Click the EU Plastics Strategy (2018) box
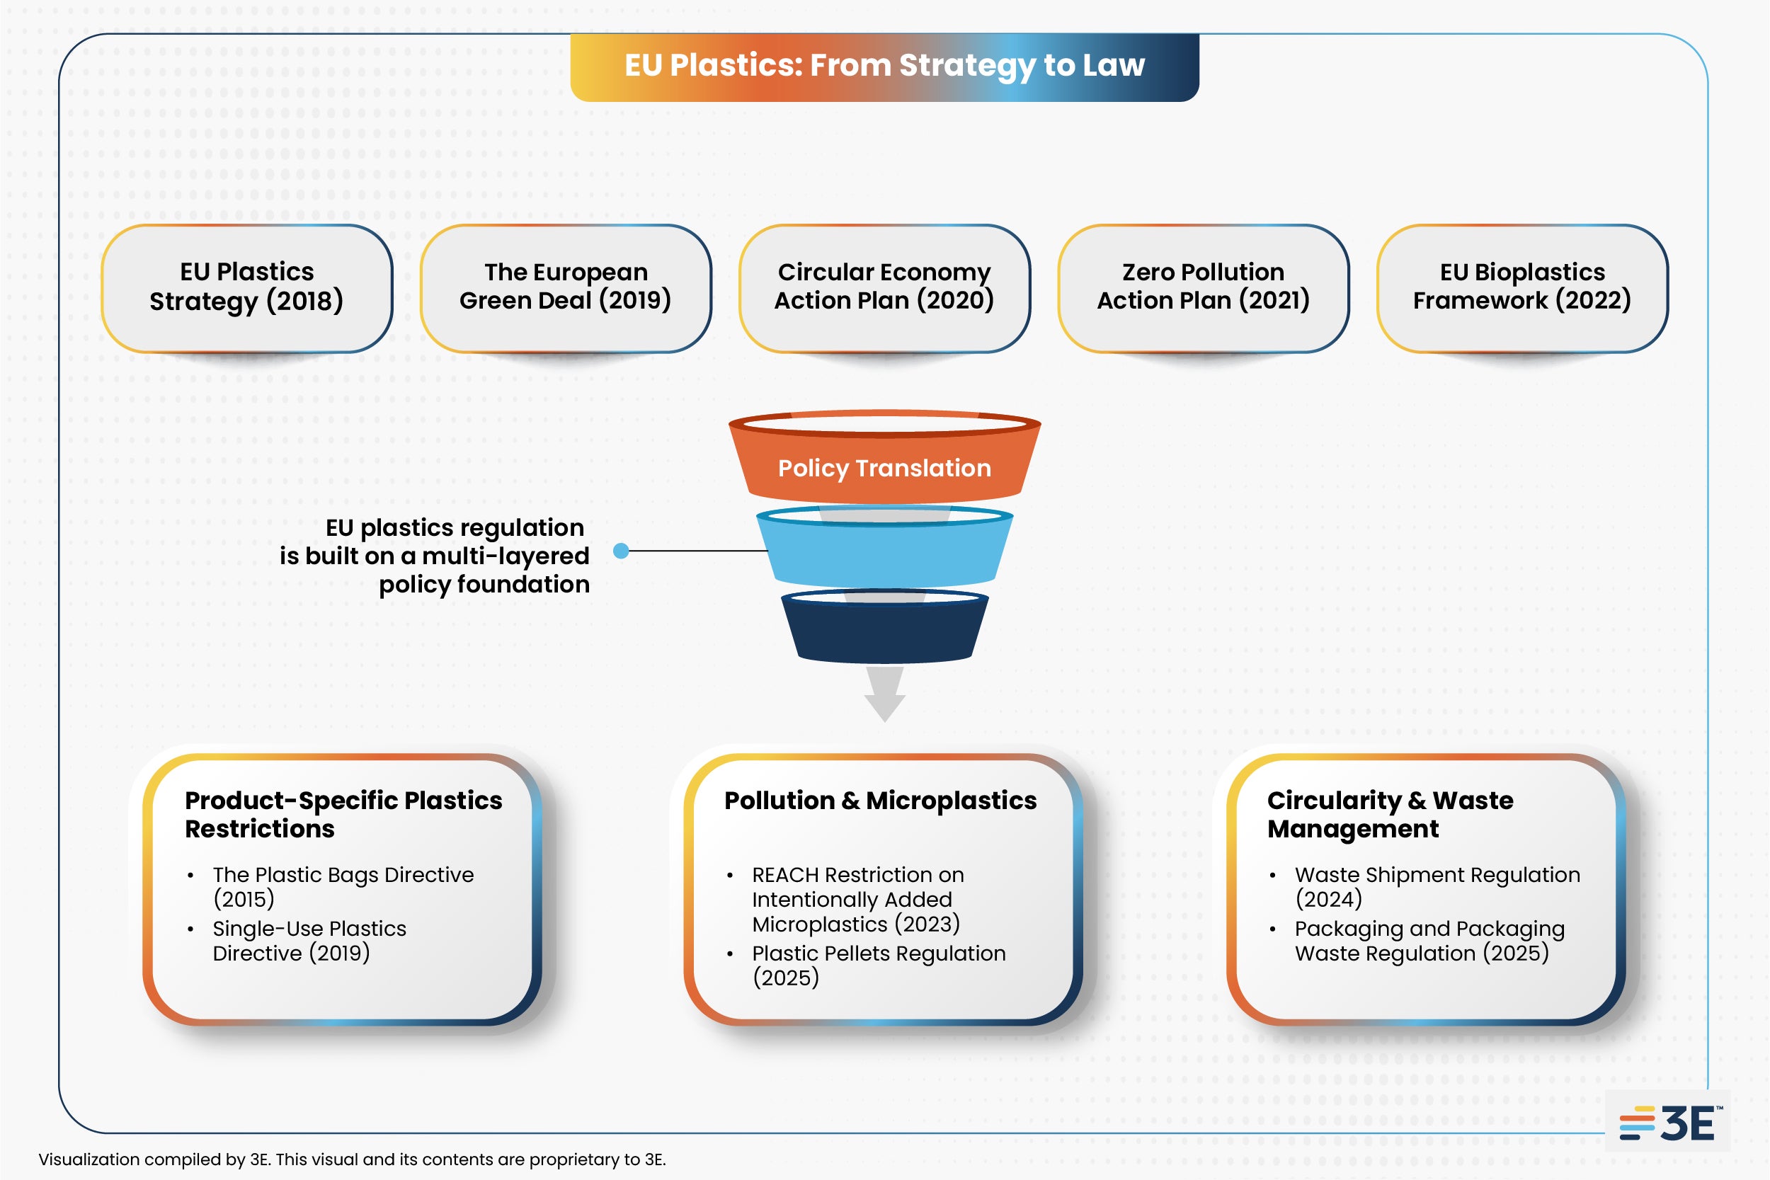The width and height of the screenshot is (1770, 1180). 247,287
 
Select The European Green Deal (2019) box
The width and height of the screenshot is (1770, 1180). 566,287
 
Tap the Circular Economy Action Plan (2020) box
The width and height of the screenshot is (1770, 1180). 884,287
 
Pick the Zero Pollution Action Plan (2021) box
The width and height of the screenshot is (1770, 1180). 1204,287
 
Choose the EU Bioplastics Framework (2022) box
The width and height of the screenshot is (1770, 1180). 1521,287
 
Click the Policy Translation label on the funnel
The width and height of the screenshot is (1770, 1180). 884,468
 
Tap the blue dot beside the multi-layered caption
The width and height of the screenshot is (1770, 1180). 621,551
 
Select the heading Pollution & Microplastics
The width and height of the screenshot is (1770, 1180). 880,801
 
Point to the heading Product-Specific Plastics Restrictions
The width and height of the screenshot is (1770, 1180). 343,814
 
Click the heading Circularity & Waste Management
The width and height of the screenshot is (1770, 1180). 1389,814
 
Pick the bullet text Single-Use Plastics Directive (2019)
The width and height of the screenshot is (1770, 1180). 309,941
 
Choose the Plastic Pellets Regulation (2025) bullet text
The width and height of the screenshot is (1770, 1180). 878,965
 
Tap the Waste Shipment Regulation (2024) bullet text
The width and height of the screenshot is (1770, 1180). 1437,886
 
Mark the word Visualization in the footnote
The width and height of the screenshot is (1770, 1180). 89,1159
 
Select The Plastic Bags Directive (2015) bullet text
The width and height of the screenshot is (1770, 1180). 343,886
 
